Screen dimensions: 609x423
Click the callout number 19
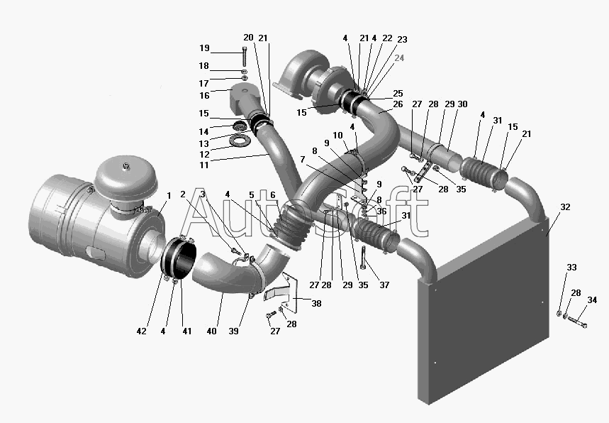tap(204, 48)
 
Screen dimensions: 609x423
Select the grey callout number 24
tap(399, 58)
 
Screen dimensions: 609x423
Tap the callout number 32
tap(565, 207)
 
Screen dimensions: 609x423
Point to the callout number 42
tap(141, 331)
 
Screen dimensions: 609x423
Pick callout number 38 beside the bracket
tap(316, 303)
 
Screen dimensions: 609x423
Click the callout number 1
tap(169, 196)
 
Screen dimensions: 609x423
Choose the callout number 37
tap(384, 285)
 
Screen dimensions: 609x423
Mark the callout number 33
tap(571, 268)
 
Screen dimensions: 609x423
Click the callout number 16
tap(204, 96)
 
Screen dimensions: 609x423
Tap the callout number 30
tap(462, 104)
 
